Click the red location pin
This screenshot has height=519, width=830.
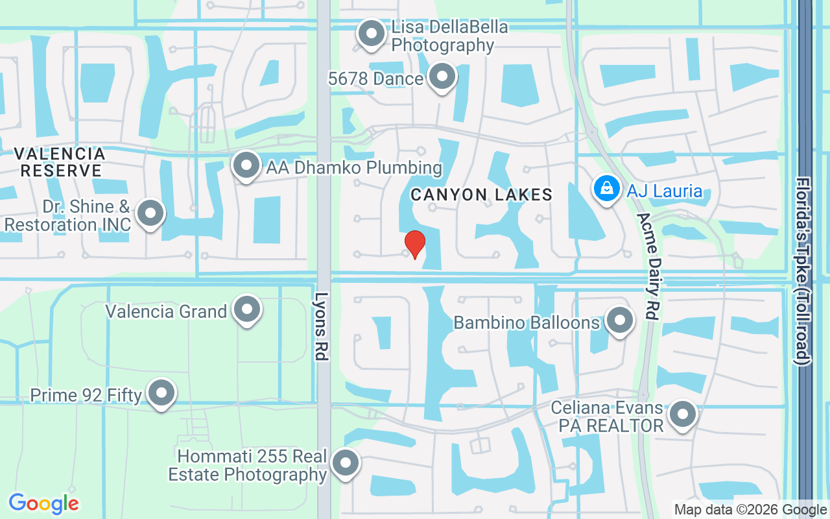[x=414, y=244]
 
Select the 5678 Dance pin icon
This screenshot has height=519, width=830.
[x=443, y=77]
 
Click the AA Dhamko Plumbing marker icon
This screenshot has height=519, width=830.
[x=246, y=165]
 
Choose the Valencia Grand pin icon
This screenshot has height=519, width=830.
[x=247, y=310]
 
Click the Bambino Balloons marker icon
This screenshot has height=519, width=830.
[x=619, y=320]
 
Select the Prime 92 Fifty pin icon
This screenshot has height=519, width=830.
[x=161, y=392]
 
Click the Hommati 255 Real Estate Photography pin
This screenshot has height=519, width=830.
[x=346, y=463]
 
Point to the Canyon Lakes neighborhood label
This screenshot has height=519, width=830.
[x=481, y=195]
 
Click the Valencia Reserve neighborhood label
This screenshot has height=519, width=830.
[x=60, y=162]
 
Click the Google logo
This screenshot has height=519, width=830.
[x=43, y=503]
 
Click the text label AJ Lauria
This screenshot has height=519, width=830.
[x=664, y=191]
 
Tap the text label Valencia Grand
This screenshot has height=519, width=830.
[x=166, y=311]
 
